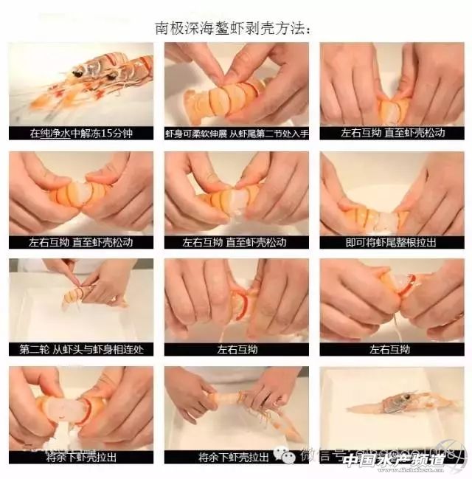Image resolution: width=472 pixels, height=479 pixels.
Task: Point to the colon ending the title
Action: [307, 30]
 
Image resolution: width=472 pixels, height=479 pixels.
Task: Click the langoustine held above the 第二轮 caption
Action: [81, 294]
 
